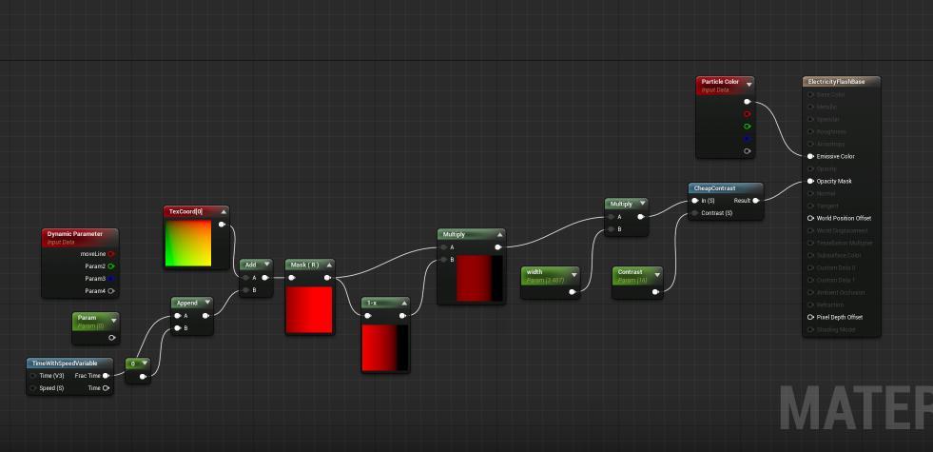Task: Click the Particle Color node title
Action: point(720,82)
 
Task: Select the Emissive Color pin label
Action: point(835,156)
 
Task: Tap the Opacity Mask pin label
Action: point(834,181)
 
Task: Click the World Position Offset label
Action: point(843,218)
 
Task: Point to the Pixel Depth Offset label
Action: point(839,317)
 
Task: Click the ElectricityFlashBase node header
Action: point(836,82)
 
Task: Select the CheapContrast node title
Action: point(714,188)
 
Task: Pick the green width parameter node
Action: point(550,275)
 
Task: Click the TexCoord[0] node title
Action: point(185,211)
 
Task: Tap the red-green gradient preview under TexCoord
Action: point(187,244)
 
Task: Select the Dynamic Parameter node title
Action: point(74,234)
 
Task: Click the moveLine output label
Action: point(93,254)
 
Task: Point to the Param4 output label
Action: point(95,291)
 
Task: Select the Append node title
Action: point(187,303)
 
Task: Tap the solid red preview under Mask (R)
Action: point(309,309)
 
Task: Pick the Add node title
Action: point(251,265)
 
